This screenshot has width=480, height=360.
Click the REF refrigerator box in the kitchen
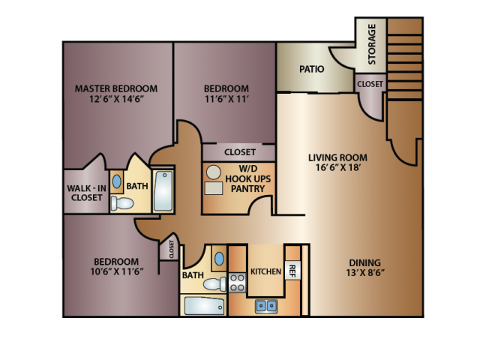tap(293, 270)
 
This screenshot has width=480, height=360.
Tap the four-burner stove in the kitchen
tap(237, 283)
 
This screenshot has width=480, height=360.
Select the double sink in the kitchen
tap(266, 306)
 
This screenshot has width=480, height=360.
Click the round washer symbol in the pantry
tap(213, 172)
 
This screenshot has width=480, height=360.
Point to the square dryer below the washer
tap(214, 188)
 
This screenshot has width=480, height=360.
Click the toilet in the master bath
tap(121, 203)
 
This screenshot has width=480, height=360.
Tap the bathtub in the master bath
tap(163, 190)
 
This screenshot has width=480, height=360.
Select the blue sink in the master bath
tap(117, 181)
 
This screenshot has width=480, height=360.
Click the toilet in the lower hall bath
tap(215, 284)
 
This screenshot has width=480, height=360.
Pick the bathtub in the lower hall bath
tap(204, 306)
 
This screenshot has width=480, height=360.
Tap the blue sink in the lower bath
tap(219, 259)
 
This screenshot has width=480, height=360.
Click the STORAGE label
tap(372, 44)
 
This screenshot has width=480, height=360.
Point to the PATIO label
tap(312, 69)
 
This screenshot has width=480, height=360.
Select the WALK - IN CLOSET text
tap(87, 193)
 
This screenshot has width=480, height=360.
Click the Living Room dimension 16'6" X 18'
tap(337, 167)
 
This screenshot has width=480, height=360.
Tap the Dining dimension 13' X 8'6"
tap(365, 272)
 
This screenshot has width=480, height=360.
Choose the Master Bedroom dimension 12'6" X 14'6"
tap(116, 99)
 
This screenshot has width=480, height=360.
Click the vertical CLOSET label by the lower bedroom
tap(171, 248)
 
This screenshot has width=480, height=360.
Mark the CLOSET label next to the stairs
tap(370, 84)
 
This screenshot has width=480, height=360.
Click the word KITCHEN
tap(265, 271)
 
